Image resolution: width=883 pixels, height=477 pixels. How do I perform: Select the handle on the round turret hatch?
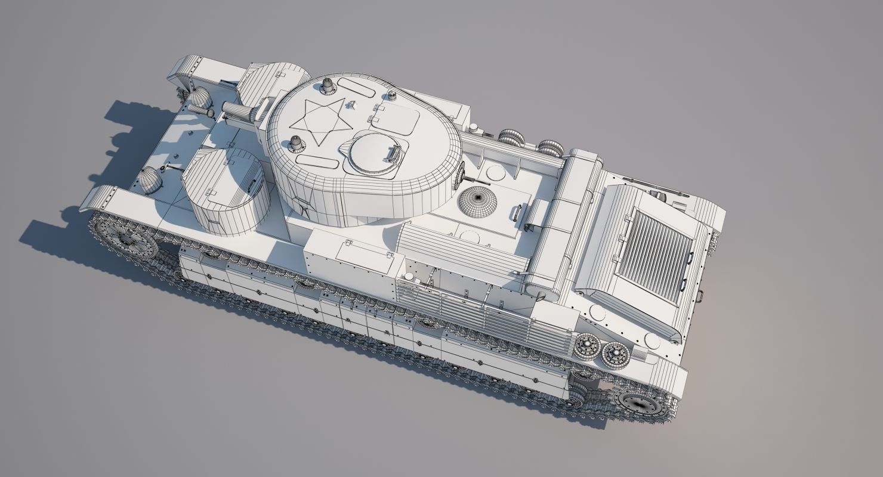pos(393,154)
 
